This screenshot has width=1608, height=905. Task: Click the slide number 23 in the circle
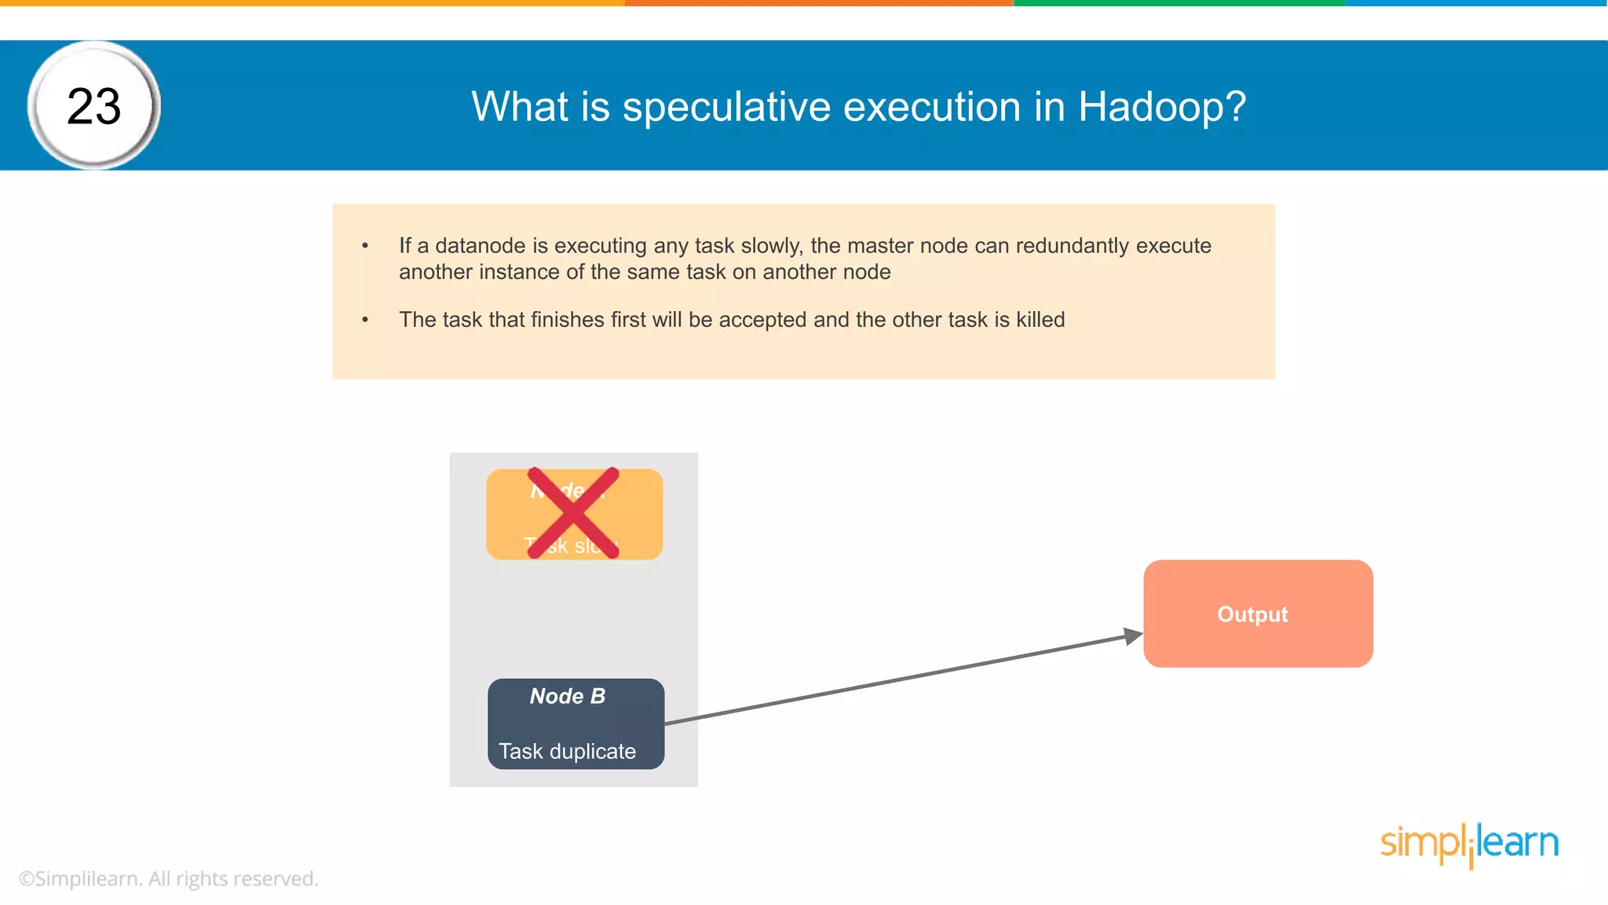coord(94,106)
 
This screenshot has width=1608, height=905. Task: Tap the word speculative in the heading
coord(726,107)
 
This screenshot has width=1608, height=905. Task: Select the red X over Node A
coord(573,513)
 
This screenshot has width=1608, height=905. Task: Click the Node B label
coord(568,696)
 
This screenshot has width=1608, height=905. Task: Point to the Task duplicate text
coord(567,751)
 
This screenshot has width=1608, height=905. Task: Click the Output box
coord(1258,614)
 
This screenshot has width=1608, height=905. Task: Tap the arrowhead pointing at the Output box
coord(1132,636)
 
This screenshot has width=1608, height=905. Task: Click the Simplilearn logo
coord(1469,844)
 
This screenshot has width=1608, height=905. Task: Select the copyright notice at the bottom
coord(169,878)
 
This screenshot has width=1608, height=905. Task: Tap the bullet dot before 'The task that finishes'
coord(365,320)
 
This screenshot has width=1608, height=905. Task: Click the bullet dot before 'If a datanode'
coord(365,246)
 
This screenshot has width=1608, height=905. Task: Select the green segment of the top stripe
coord(1178,3)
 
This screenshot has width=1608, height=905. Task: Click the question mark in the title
coord(1237,106)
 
